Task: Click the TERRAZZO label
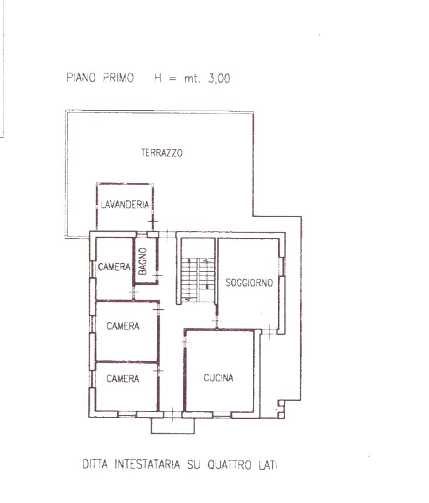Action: coord(162,153)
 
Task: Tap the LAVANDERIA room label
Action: coord(125,204)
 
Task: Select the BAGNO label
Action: coord(142,261)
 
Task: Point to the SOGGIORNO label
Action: coord(249,282)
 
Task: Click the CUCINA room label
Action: coord(219,378)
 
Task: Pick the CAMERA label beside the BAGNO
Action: coord(114,267)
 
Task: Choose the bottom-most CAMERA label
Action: coord(122,379)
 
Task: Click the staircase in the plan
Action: coord(197,279)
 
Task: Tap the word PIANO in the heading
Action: coord(81,77)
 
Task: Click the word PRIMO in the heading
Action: coord(118,77)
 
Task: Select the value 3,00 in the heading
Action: coord(219,78)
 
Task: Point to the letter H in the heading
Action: coord(158,78)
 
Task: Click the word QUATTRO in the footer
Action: coord(229,465)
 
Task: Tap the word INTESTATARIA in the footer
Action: coord(147,465)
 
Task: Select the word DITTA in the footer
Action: coord(95,464)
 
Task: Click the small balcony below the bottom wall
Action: coord(173,426)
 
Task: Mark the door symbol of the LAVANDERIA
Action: coord(153,221)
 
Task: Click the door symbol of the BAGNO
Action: coord(157,275)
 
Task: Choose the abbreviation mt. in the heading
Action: coord(192,79)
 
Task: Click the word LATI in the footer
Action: coord(268,465)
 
